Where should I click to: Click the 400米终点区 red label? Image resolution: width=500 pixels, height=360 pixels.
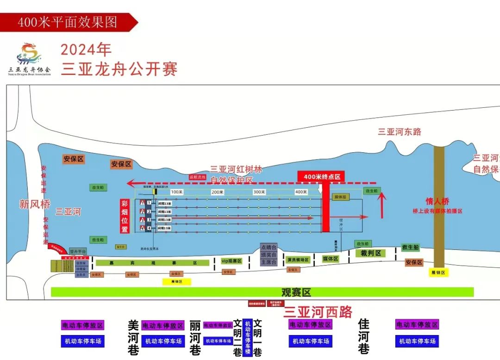[322, 177]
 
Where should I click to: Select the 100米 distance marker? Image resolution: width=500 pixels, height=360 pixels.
[176, 192]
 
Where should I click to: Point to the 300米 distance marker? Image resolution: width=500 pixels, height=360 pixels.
[259, 192]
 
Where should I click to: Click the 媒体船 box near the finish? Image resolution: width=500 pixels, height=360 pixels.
[341, 197]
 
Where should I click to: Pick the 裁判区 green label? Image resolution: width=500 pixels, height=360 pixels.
[371, 253]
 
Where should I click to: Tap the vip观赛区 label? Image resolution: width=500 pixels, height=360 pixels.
[231, 261]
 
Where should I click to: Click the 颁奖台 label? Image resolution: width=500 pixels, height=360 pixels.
[268, 254]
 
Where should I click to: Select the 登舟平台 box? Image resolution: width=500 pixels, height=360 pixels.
[78, 251]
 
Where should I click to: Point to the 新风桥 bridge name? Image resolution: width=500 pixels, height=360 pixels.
[34, 204]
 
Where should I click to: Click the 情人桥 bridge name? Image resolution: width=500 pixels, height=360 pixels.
[437, 202]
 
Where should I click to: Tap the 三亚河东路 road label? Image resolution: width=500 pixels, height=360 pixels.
[400, 132]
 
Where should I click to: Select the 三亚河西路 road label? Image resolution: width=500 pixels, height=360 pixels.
[318, 311]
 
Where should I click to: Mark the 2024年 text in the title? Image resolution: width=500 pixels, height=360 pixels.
[86, 50]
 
